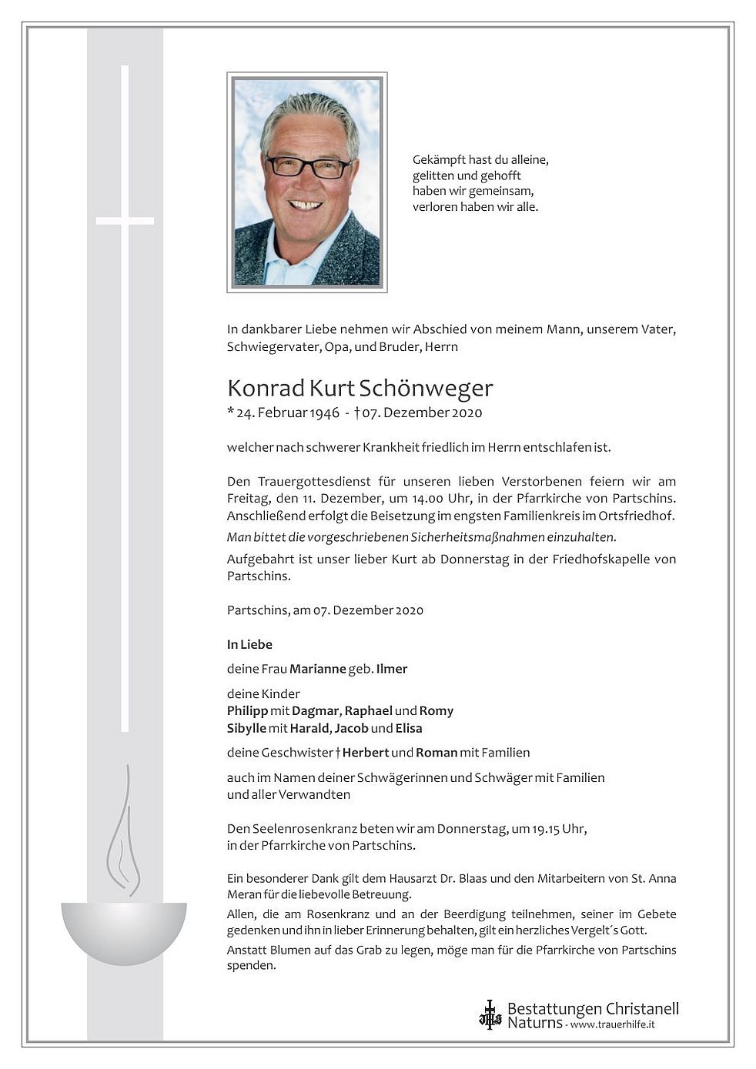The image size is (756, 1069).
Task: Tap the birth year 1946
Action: click(x=324, y=413)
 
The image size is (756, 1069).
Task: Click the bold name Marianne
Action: click(x=317, y=669)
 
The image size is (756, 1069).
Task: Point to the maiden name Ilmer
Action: click(x=392, y=669)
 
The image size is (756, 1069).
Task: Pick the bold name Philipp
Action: click(x=247, y=710)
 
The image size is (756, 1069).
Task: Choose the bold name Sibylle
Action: click(x=246, y=728)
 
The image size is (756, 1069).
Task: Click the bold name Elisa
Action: click(x=409, y=728)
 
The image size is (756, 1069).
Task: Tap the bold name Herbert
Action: click(x=365, y=753)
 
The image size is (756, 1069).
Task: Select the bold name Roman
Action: click(x=437, y=753)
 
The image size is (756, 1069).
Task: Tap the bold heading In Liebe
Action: click(x=249, y=644)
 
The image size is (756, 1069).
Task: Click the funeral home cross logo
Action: click(x=490, y=1014)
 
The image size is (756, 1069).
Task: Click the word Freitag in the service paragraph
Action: click(x=246, y=499)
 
